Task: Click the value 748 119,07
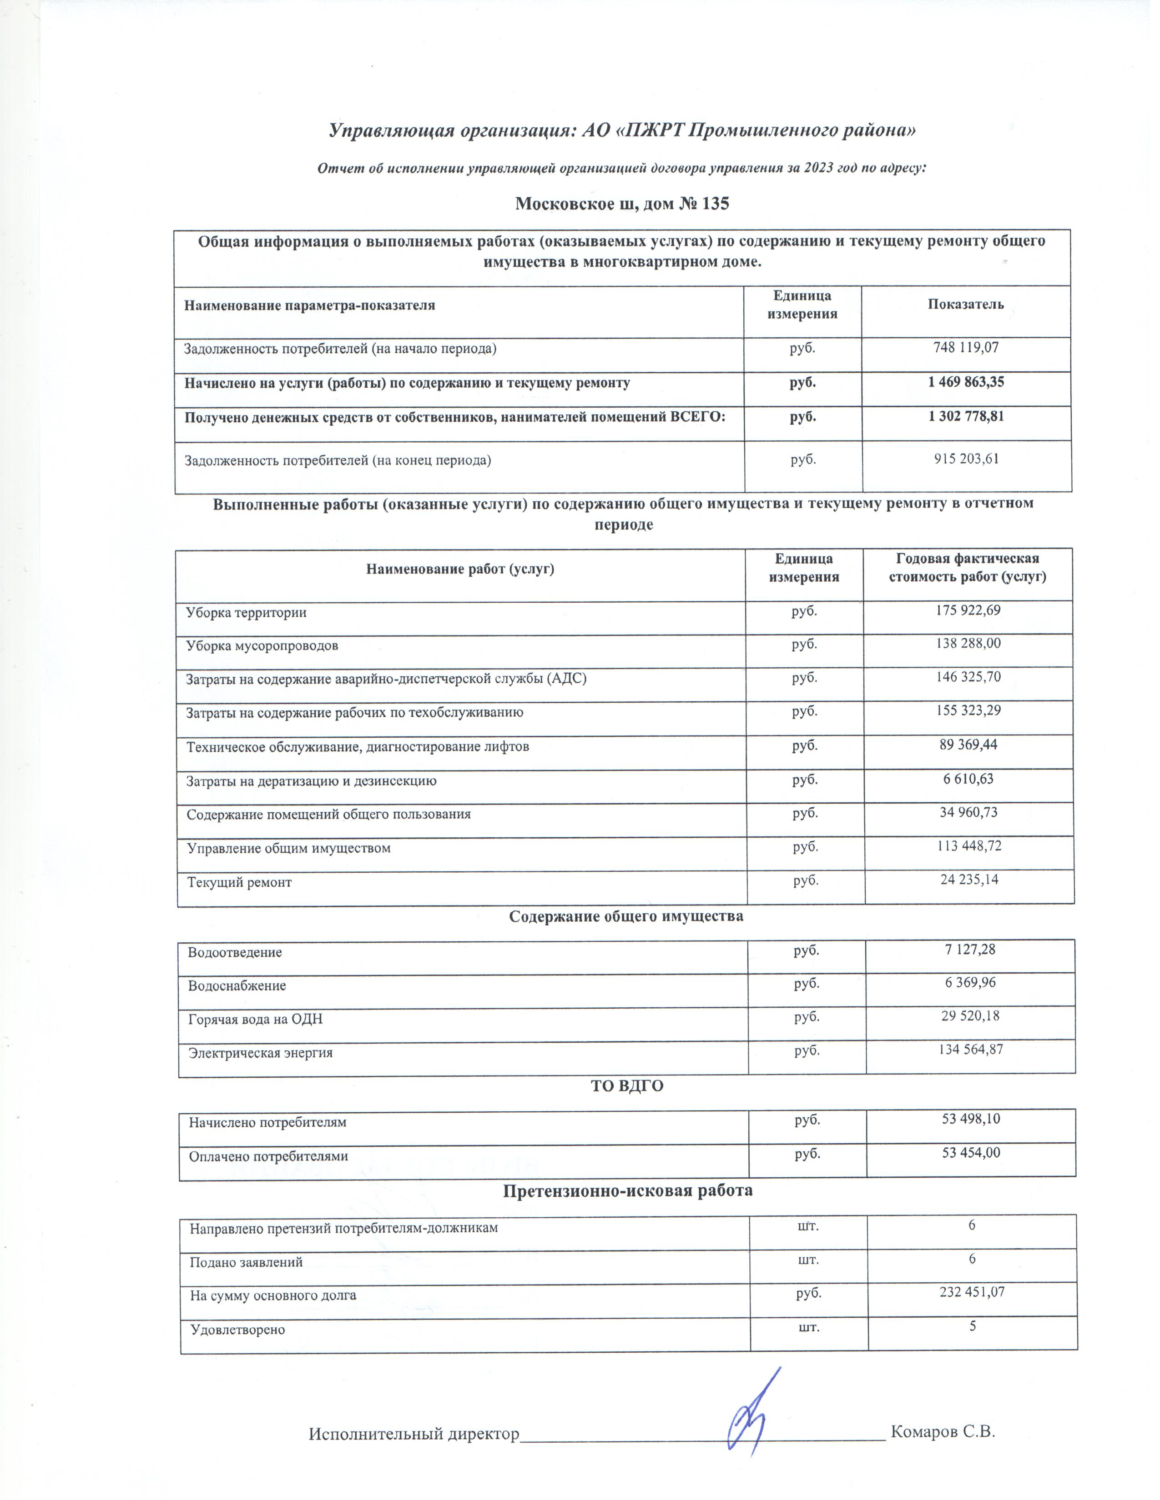pos(965,348)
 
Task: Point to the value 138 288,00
pos(967,644)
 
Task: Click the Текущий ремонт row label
pos(239,883)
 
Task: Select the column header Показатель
pos(965,304)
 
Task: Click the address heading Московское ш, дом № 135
pos(622,204)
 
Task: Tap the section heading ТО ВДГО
pos(627,1086)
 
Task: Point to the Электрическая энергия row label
pos(261,1053)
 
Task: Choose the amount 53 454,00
pos(970,1152)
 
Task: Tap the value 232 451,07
pos(972,1292)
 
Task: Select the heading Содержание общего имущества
pos(625,916)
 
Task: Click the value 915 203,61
pos(965,459)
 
